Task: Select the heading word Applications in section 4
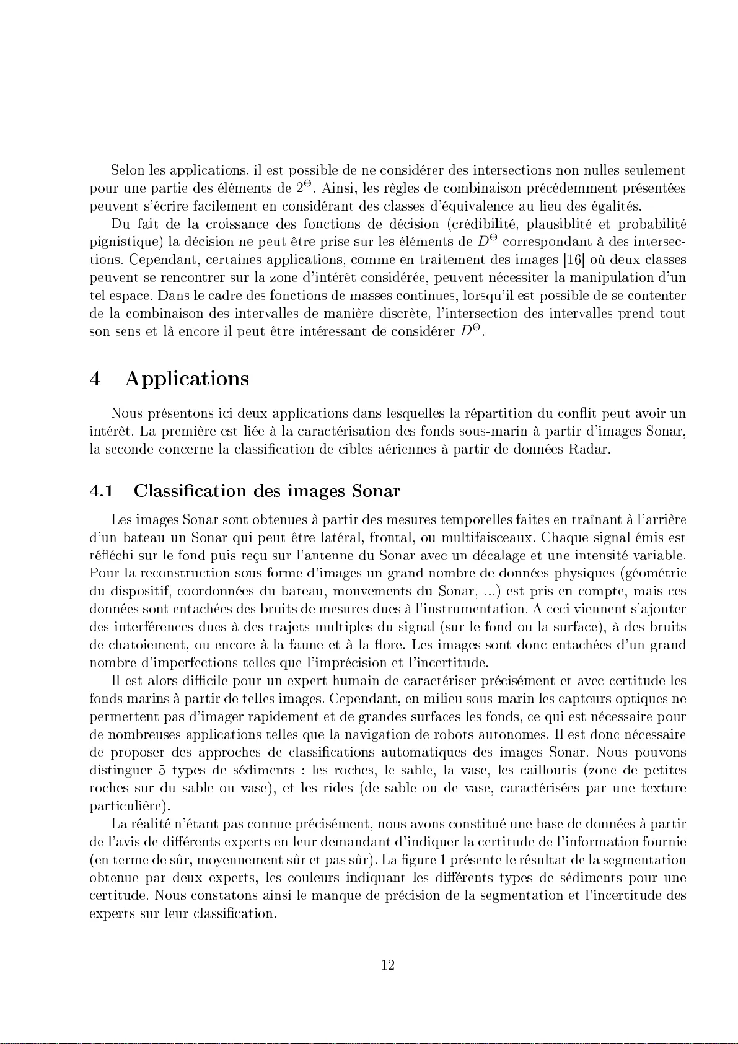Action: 187,379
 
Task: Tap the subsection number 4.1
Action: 102,491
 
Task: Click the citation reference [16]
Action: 576,259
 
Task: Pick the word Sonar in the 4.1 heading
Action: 376,491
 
